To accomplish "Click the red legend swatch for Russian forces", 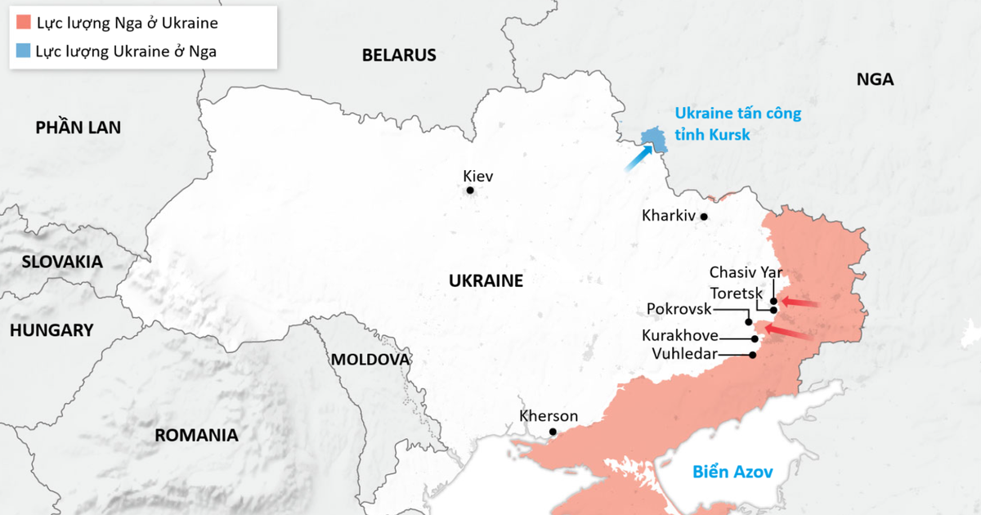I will [x=23, y=23].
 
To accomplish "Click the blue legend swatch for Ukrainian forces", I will [x=23, y=51].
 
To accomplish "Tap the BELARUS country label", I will [x=399, y=56].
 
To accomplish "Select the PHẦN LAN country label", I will [x=78, y=128].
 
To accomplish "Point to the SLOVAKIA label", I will [x=62, y=262].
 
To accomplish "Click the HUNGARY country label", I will [x=52, y=330].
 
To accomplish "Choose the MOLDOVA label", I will [x=370, y=360].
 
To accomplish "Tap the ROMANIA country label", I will [x=196, y=435].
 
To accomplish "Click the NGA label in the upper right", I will [x=875, y=80].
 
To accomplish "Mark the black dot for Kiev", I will [x=470, y=190].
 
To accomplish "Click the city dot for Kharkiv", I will [x=704, y=217].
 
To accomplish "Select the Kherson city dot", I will [x=553, y=432].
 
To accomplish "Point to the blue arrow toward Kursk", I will [x=638, y=159].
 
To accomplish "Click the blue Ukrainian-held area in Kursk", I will [x=653, y=140].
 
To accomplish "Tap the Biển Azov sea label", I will [x=732, y=472].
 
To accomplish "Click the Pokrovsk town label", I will [x=679, y=309].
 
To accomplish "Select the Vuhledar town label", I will [x=684, y=353].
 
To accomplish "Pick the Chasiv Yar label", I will [x=746, y=272].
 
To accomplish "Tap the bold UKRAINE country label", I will [x=486, y=281].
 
